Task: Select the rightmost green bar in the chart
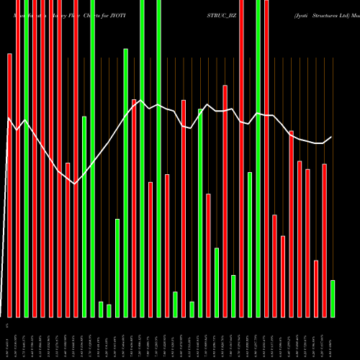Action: tap(333, 298)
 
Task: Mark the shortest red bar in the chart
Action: tap(316, 288)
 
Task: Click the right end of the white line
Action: tap(332, 137)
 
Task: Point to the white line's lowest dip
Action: tap(75, 184)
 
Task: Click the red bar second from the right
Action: tap(316, 288)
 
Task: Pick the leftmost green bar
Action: tap(27, 158)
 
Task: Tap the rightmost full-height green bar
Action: tap(258, 158)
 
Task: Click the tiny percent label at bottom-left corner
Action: tap(6, 326)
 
